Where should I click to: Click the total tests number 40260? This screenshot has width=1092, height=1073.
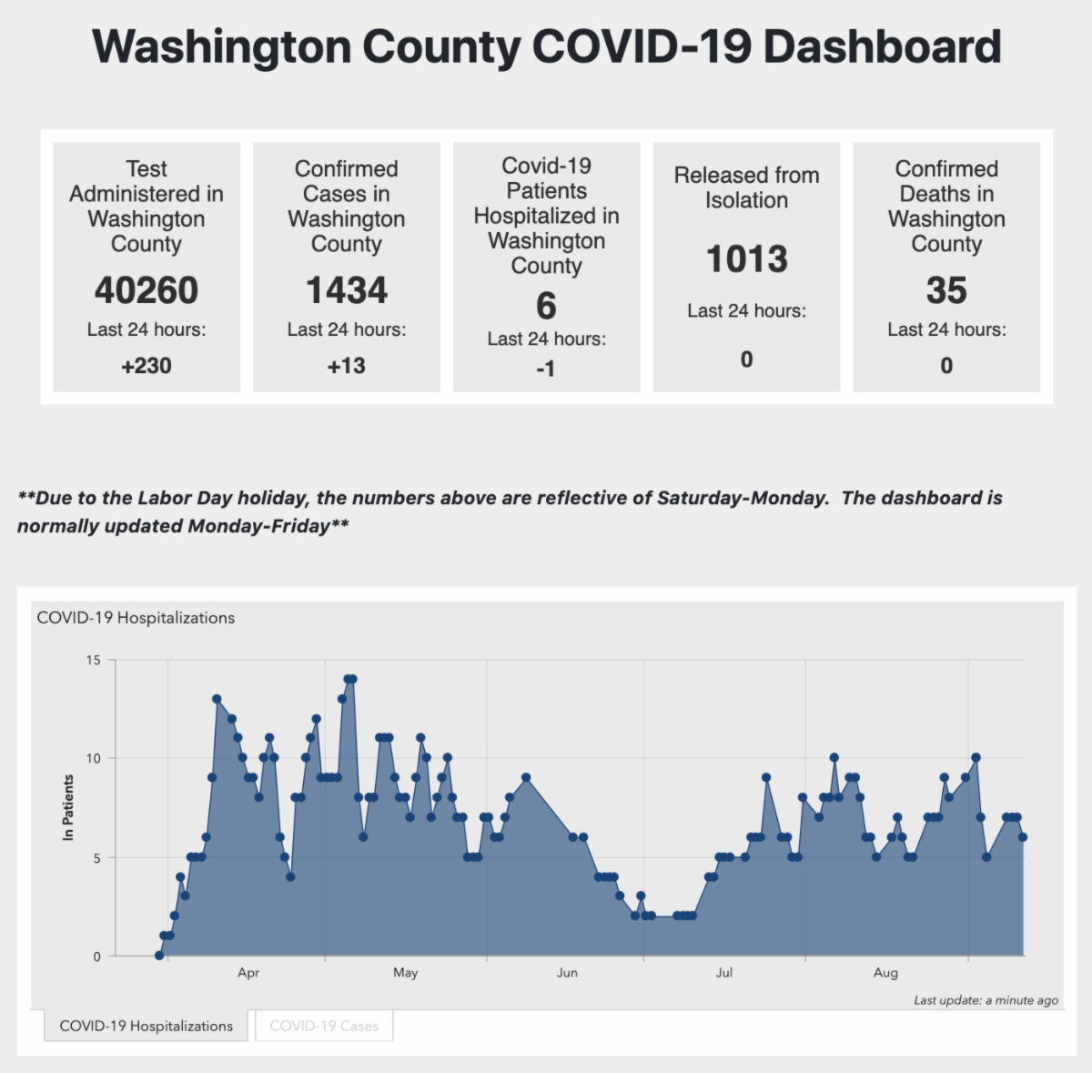click(x=147, y=291)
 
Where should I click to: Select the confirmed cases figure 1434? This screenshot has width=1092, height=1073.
click(x=347, y=291)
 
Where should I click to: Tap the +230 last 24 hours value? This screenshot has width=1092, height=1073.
click(x=147, y=366)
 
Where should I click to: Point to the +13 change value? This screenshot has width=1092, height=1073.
click(x=347, y=366)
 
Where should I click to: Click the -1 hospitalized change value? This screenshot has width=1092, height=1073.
click(x=546, y=369)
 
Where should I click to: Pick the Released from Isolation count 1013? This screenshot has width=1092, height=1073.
click(x=747, y=259)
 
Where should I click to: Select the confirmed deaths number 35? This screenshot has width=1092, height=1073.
click(x=946, y=291)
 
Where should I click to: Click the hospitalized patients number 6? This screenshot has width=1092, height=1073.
click(x=546, y=307)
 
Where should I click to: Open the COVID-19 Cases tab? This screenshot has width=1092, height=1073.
click(x=324, y=1026)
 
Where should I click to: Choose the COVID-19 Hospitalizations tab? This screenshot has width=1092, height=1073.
click(x=147, y=1026)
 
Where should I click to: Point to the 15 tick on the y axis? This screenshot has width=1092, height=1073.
click(x=94, y=660)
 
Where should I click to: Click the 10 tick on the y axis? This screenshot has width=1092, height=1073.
click(x=94, y=758)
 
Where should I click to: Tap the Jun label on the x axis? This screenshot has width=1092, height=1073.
click(x=567, y=973)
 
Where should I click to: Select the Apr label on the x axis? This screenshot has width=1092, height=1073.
click(x=248, y=973)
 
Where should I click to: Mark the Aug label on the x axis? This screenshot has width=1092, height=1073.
click(x=885, y=973)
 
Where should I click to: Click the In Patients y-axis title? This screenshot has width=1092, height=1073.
click(x=68, y=807)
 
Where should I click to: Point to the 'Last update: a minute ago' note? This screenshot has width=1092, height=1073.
click(x=986, y=1000)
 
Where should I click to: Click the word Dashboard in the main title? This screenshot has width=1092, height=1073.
click(x=882, y=47)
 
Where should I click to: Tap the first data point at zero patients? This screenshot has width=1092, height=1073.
click(x=159, y=956)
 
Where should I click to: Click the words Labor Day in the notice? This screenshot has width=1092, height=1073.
click(x=185, y=498)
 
